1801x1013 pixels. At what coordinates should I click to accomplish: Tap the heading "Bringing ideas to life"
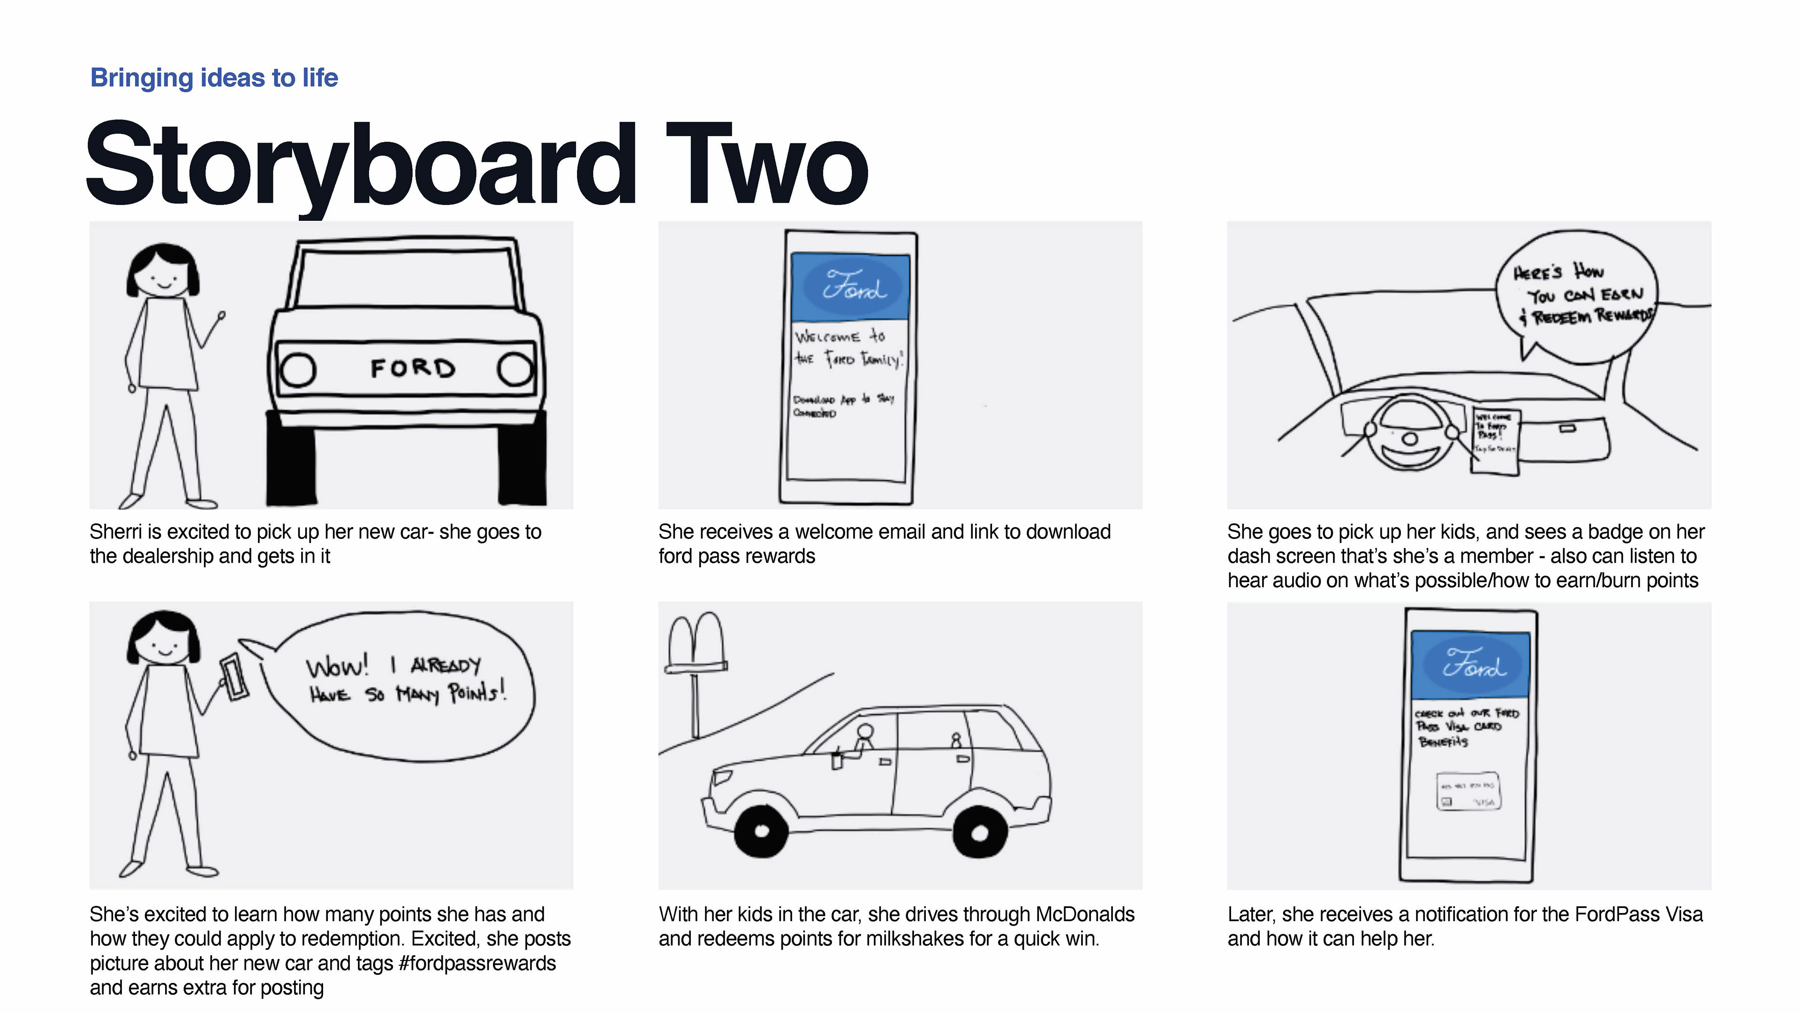coord(214,77)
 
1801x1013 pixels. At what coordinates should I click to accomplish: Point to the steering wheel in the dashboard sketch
coord(1410,439)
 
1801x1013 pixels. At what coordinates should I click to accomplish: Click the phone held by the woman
coord(234,677)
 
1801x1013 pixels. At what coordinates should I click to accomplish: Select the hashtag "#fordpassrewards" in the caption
coord(477,963)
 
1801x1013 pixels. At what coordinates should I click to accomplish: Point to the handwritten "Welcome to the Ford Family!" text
coord(848,348)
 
